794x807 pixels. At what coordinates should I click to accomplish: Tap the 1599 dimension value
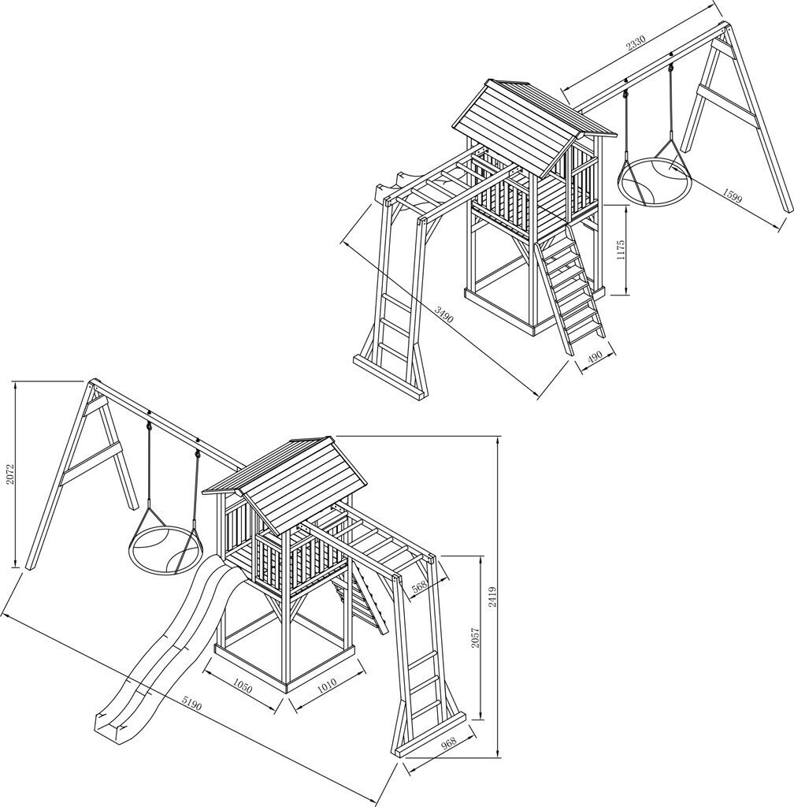733,195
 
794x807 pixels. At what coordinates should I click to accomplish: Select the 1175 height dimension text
621,250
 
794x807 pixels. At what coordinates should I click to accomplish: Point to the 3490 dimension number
443,314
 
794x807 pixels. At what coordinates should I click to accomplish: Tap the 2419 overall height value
492,598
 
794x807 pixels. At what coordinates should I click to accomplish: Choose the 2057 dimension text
476,637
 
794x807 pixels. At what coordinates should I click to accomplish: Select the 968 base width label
448,743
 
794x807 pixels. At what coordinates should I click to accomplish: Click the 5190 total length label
191,704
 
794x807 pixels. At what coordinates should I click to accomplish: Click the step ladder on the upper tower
570,291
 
